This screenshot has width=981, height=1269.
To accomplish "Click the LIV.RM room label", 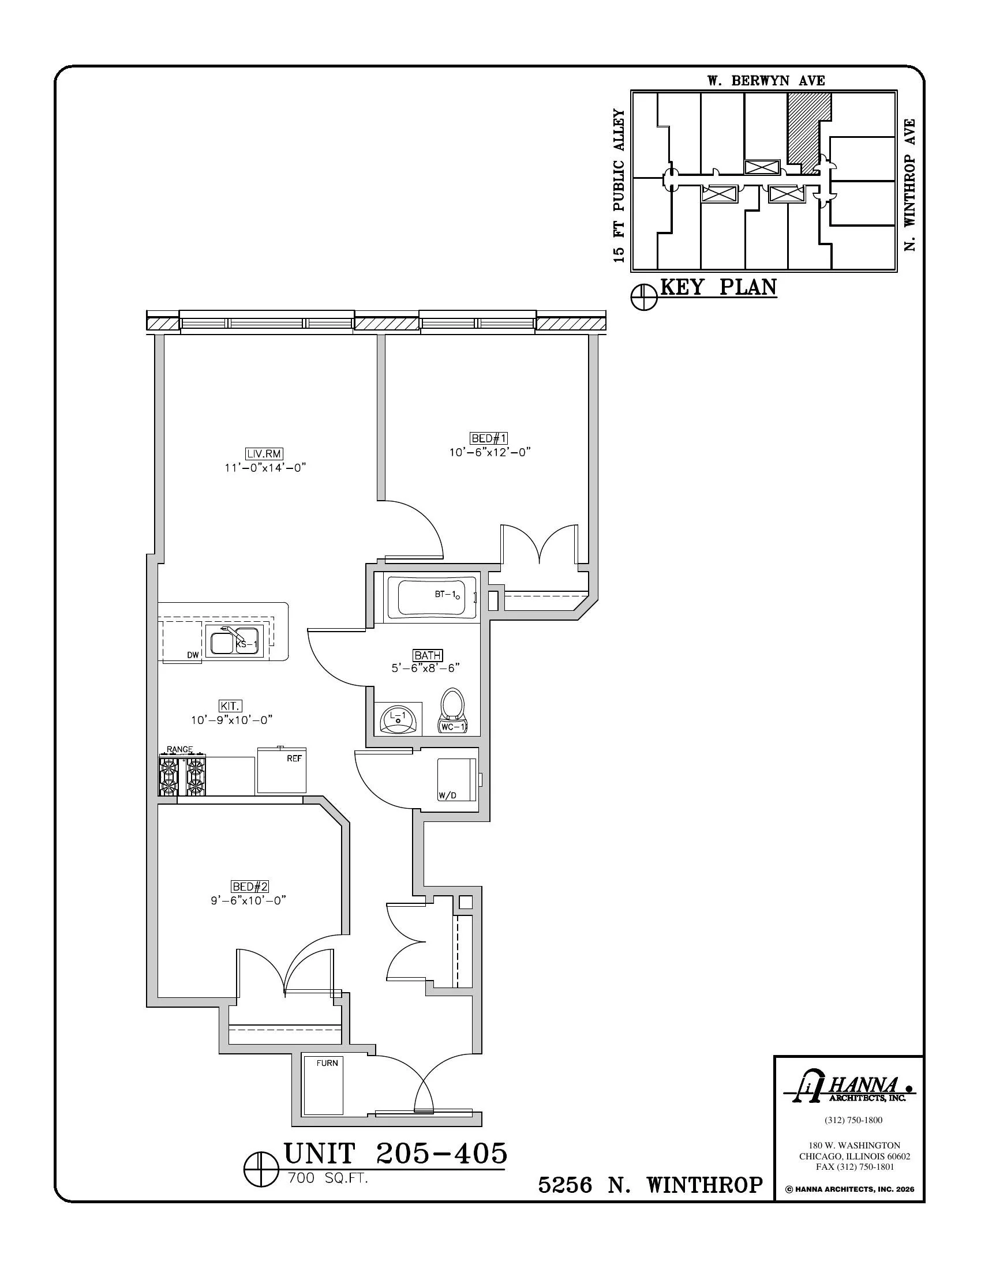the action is click(x=264, y=454).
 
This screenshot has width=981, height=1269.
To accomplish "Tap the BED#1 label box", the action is click(x=489, y=438).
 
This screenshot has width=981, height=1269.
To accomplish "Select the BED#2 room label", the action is click(x=250, y=887).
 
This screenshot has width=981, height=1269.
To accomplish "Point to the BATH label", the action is click(x=428, y=655).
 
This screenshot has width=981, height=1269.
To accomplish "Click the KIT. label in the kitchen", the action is click(x=231, y=706).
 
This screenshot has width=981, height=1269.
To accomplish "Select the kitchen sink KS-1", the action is click(x=236, y=642).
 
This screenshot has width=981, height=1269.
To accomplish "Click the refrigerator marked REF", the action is click(x=281, y=770).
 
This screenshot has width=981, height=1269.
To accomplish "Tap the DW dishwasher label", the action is click(x=193, y=655).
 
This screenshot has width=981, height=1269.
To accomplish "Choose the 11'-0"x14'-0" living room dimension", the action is click(x=265, y=467).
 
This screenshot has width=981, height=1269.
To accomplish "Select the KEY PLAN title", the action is click(x=718, y=288).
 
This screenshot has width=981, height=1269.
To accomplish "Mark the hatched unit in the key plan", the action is click(x=805, y=131).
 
